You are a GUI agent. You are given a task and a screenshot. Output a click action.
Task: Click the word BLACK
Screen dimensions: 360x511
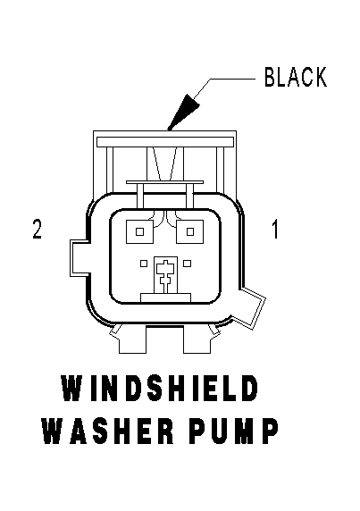click(x=296, y=77)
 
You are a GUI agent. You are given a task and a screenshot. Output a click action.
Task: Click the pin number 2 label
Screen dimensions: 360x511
click(x=38, y=229)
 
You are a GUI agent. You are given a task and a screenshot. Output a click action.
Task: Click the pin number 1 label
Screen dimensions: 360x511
click(x=275, y=229)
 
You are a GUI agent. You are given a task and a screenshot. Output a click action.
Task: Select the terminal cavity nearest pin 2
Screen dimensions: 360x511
click(x=139, y=231)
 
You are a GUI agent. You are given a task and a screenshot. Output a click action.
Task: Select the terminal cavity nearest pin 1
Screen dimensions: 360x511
click(x=190, y=231)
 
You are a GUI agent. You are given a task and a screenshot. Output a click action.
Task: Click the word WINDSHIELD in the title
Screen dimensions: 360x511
click(x=159, y=388)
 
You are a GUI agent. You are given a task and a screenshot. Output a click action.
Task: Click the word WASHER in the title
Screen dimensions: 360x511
click(x=108, y=431)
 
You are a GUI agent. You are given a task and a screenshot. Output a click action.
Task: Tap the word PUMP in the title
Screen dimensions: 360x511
click(x=233, y=431)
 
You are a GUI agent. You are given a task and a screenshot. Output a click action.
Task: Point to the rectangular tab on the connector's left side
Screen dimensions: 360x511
click(x=79, y=257)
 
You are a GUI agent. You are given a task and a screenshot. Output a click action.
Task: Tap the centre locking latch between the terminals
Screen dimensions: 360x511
click(x=166, y=275)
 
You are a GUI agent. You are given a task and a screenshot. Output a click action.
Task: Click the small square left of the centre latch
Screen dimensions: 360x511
click(x=144, y=264)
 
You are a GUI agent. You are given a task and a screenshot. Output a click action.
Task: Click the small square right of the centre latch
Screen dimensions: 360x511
click(x=187, y=264)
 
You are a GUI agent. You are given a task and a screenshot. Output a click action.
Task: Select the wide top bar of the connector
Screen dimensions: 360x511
click(x=165, y=141)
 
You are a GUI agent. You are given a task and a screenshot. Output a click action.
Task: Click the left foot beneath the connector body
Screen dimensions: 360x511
click(x=133, y=339)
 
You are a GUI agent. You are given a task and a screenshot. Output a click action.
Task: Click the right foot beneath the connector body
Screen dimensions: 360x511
click(x=197, y=339)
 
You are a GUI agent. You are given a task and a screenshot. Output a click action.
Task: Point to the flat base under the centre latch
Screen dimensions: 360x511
click(x=165, y=297)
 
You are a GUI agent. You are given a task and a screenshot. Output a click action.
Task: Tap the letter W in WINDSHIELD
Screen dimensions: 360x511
click(x=72, y=388)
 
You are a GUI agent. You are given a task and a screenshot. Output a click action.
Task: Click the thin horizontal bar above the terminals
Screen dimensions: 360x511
click(x=165, y=182)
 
